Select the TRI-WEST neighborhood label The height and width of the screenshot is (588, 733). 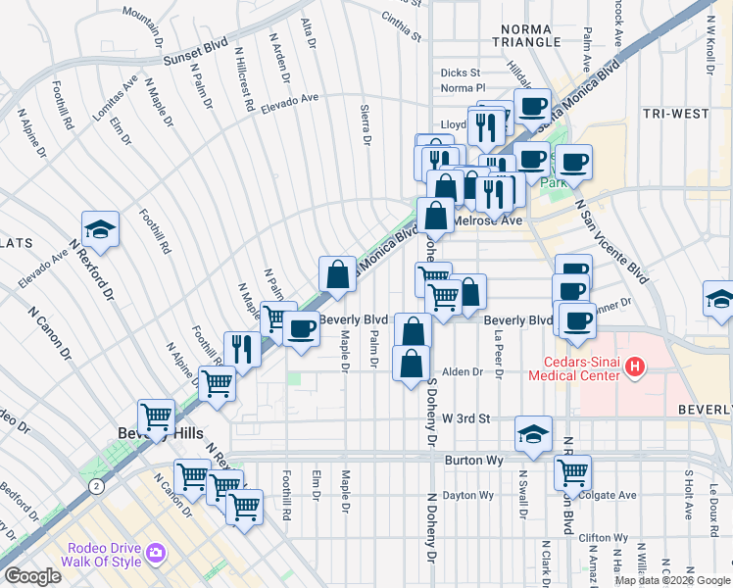675,114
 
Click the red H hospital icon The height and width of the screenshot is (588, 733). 635,367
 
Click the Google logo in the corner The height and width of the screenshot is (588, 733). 31,575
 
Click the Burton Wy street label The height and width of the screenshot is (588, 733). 465,457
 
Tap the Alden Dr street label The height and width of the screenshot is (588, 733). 464,372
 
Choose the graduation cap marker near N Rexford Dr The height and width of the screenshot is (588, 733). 100,229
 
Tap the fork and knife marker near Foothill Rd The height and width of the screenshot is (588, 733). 241,349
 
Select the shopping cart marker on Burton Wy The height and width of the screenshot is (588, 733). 572,472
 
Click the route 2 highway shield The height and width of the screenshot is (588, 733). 95,485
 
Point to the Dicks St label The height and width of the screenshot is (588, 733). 460,73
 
